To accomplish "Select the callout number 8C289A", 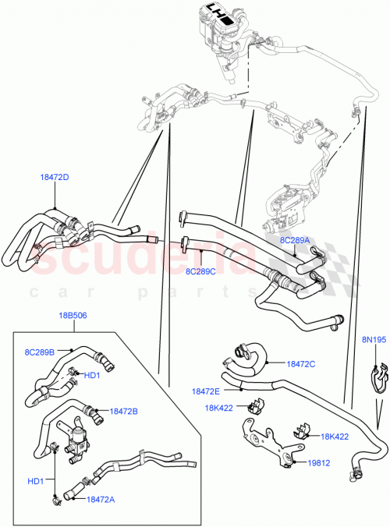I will tap(296, 241).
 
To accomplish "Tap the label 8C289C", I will tap(201, 272).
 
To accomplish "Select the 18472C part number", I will tap(301, 363).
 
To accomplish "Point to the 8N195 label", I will tap(373, 339).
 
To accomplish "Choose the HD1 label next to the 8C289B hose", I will tap(92, 376).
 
